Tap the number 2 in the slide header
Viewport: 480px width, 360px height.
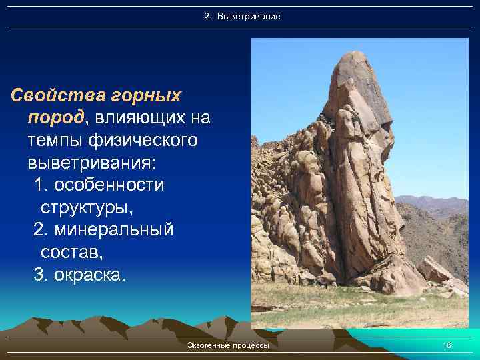[x=206, y=15]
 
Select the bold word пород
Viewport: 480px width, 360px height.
[x=55, y=118]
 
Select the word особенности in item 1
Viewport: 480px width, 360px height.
[x=109, y=185]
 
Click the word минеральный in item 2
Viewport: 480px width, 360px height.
[x=113, y=230]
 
